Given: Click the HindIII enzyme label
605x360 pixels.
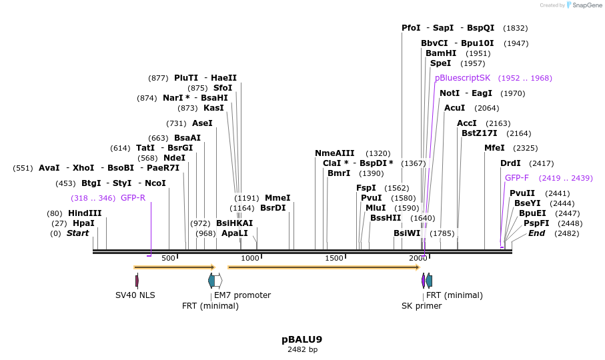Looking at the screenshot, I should [85, 213].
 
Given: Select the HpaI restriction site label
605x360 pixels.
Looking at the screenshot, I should [83, 223].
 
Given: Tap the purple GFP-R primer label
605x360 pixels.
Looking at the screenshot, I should [133, 198].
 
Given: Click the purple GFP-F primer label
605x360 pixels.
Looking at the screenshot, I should [517, 178].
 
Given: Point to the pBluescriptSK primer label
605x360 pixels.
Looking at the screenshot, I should [462, 78].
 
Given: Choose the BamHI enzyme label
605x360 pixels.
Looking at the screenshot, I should [441, 53].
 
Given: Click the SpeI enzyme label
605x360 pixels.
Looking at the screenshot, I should [440, 63].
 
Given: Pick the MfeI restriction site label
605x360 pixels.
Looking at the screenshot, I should [494, 148].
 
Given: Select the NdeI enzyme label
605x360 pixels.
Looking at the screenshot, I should [174, 158].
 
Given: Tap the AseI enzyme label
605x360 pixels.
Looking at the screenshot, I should [202, 123].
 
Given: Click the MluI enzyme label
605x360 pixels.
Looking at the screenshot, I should [376, 208].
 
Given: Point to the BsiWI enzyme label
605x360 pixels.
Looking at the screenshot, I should [407, 233].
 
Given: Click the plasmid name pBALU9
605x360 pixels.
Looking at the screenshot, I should [302, 339].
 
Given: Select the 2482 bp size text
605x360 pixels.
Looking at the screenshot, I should [302, 349].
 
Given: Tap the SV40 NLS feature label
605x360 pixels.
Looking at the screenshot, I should [135, 295].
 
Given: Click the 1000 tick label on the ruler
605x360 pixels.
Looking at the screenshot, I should [250, 258].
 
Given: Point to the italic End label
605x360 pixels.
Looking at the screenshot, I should [537, 233].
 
